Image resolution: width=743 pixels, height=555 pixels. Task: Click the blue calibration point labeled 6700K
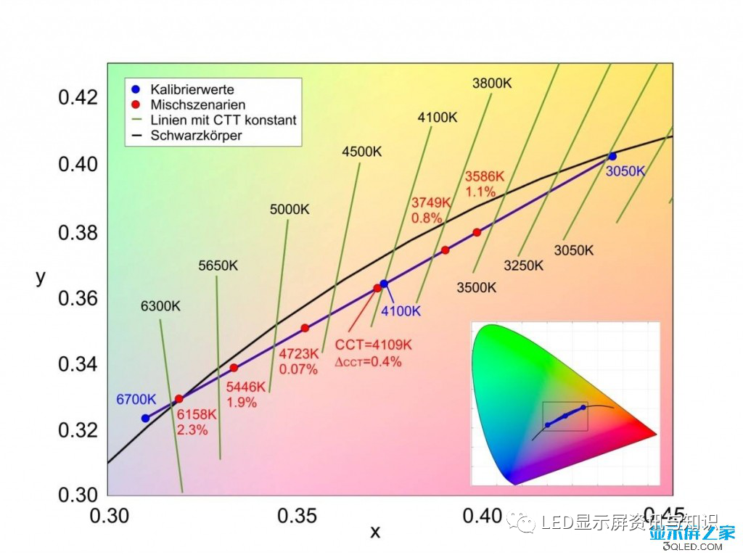point(145,418)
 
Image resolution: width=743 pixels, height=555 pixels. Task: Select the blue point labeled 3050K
point(612,156)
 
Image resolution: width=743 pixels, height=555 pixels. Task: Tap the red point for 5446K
point(234,368)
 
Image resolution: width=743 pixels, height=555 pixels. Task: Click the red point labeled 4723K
point(305,328)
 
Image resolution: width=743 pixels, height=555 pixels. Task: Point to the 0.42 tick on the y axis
point(78,97)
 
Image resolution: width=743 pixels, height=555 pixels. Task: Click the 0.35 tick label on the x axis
point(297,516)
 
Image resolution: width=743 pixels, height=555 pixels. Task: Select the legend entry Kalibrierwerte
point(192,90)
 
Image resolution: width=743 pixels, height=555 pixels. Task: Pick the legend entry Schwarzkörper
point(196,135)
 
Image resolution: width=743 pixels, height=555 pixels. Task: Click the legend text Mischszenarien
point(197,105)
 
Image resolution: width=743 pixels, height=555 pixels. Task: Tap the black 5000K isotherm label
point(290,210)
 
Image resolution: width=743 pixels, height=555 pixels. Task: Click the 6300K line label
point(160,306)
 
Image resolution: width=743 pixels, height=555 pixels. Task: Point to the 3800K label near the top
point(492,83)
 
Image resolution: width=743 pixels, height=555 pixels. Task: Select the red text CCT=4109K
point(374,345)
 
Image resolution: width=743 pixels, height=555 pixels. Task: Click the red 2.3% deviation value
point(192,429)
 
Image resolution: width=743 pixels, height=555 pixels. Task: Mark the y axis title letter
point(41,277)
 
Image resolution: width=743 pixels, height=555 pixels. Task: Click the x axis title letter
point(375,533)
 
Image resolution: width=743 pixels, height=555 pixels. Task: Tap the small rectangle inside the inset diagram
point(565,416)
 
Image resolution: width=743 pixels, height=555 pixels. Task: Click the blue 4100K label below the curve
point(401,311)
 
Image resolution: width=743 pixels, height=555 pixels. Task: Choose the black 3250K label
point(524,266)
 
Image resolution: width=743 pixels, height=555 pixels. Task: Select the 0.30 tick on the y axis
point(78,495)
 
